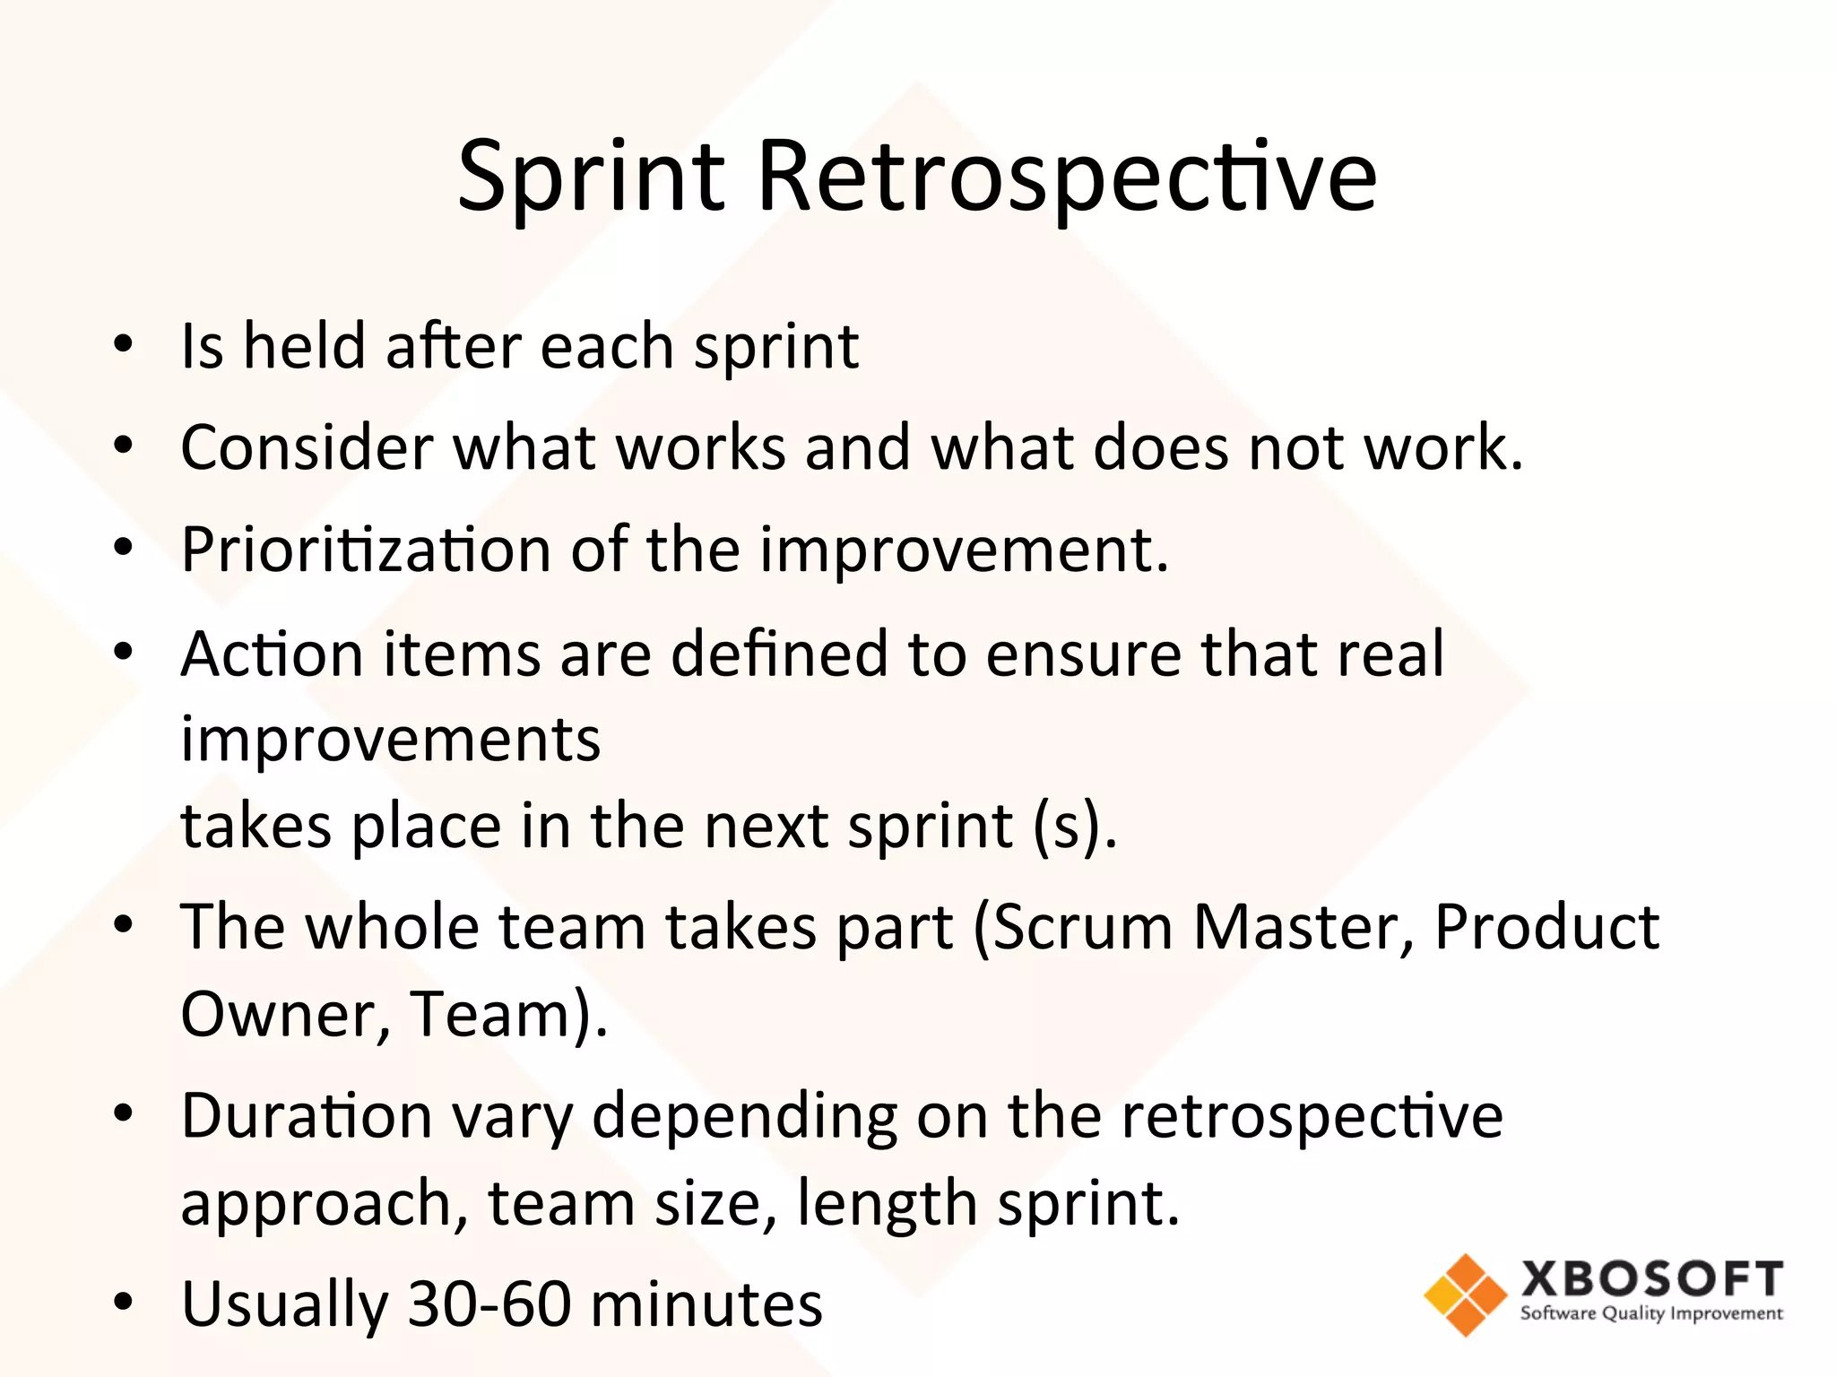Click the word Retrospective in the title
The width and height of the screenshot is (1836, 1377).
click(1067, 177)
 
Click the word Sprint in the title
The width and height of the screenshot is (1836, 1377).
click(591, 177)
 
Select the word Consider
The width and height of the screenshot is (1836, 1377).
click(307, 446)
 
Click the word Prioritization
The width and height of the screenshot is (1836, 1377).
click(366, 549)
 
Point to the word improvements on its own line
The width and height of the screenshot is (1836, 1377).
click(391, 740)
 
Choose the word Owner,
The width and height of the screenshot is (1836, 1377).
click(285, 1014)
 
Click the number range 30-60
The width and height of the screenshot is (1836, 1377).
click(489, 1303)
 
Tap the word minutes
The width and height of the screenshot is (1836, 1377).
click(706, 1303)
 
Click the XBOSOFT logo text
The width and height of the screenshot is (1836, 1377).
click(1651, 1278)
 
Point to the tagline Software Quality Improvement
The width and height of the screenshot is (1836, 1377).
click(1651, 1314)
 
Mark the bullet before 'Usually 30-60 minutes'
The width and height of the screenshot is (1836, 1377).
click(124, 1302)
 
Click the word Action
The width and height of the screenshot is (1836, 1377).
click(271, 654)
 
